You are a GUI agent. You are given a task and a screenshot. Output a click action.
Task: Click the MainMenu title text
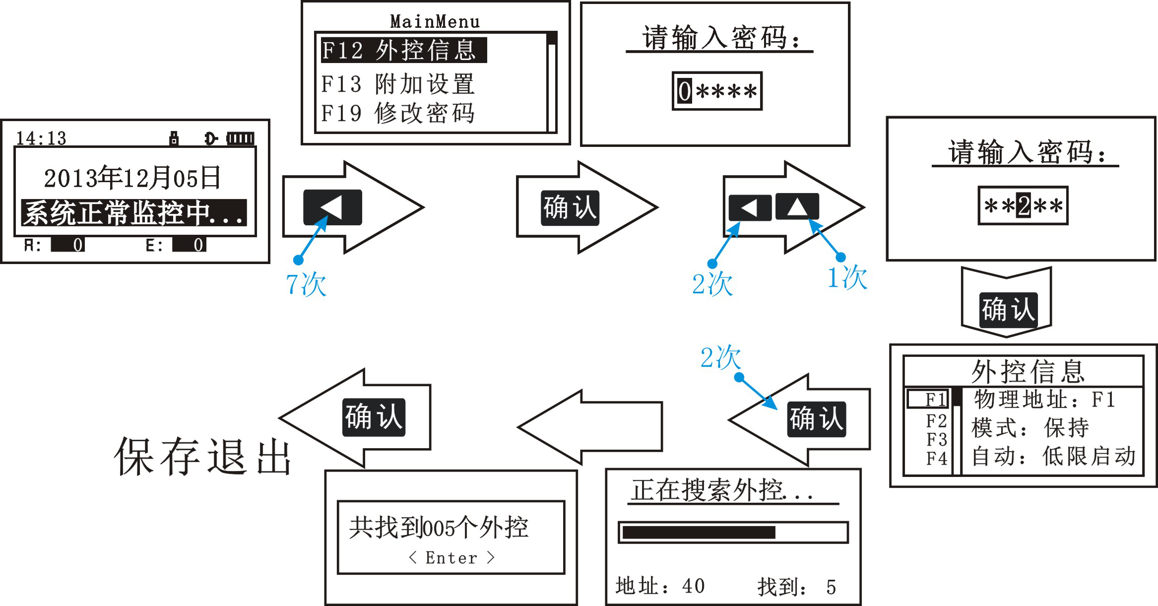435,22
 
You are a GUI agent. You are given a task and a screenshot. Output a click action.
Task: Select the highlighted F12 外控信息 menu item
403,50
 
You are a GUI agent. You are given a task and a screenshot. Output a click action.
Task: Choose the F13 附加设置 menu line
398,84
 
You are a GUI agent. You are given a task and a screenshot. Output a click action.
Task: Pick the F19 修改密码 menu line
398,113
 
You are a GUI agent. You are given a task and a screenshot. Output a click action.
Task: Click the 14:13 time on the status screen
41,138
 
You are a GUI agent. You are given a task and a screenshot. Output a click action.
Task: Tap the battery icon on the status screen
241,138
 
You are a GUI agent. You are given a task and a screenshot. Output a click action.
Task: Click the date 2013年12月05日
132,178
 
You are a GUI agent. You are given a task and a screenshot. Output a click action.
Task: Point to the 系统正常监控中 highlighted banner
133,213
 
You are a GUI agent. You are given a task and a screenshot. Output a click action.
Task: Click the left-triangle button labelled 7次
332,207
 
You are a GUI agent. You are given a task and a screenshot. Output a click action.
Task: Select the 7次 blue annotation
306,284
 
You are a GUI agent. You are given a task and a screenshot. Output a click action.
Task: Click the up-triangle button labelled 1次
797,206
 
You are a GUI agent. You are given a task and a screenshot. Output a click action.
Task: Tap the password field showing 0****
717,91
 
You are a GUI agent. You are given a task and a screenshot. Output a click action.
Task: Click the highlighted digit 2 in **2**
1023,205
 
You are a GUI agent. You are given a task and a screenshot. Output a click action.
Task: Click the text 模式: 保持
1029,428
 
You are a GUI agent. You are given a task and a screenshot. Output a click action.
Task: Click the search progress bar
733,533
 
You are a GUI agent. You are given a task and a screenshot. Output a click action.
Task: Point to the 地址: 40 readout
660,586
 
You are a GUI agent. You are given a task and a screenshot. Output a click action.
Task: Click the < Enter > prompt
451,558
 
